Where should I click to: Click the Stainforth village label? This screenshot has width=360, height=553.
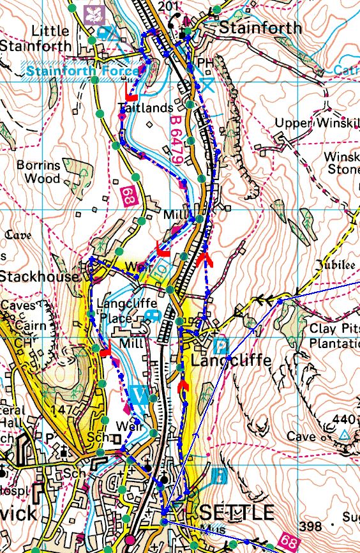tap(260, 28)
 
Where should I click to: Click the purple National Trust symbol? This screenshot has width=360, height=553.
tap(94, 13)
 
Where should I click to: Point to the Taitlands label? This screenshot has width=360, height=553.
tap(145, 109)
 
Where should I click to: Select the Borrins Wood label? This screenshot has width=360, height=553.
tap(39, 172)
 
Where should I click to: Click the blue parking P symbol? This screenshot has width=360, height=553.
tap(220, 347)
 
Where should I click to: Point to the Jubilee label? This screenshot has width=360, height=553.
tap(332, 264)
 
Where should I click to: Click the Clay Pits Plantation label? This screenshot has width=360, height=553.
tap(331, 337)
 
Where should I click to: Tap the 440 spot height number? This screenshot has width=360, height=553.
tap(344, 420)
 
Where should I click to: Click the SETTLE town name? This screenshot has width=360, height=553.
tap(237, 512)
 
